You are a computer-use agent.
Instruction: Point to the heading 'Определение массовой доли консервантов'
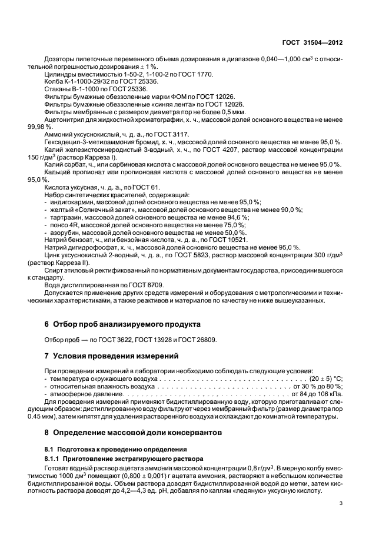pyautogui.click(x=135, y=433)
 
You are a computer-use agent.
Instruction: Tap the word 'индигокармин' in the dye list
pyautogui.click(x=68, y=202)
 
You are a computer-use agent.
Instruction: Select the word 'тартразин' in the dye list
pyautogui.click(x=63, y=217)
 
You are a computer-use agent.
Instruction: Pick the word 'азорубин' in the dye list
pyautogui.click(x=62, y=233)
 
